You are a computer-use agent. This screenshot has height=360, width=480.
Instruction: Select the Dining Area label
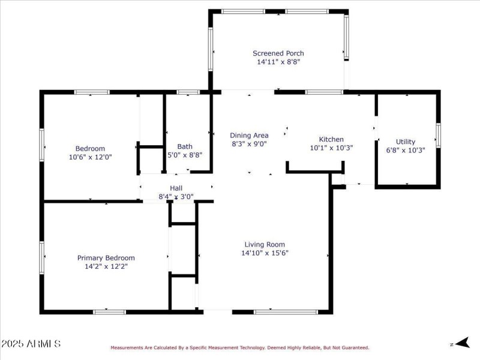tap(249, 136)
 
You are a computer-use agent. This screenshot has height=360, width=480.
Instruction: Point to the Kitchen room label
tap(331, 139)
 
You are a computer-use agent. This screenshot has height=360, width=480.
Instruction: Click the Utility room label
tap(405, 142)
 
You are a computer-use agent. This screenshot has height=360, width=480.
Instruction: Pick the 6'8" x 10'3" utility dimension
tap(405, 151)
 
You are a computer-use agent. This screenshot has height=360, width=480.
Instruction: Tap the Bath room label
tap(185, 146)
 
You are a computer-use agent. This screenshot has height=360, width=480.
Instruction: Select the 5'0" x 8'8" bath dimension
tap(185, 155)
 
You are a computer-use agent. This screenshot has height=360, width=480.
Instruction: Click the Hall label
tap(176, 188)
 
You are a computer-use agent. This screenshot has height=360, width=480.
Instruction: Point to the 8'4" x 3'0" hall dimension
tap(176, 196)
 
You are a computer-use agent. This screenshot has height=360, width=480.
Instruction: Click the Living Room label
tap(264, 244)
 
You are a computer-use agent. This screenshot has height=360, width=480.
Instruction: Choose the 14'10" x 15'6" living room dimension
tap(264, 253)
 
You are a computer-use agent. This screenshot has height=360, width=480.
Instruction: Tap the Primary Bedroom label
tap(106, 258)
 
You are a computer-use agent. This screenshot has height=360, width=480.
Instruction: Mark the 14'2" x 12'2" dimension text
tap(106, 266)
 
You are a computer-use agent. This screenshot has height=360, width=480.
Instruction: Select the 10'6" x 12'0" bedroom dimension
tap(90, 157)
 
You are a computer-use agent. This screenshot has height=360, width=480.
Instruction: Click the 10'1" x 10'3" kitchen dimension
tap(331, 148)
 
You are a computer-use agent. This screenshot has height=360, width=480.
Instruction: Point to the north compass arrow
tap(460, 344)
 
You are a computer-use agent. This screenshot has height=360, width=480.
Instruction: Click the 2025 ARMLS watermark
tap(31, 344)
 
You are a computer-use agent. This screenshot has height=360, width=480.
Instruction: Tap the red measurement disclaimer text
tap(239, 347)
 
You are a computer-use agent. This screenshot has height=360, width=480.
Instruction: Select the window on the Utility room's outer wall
tap(438, 135)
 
